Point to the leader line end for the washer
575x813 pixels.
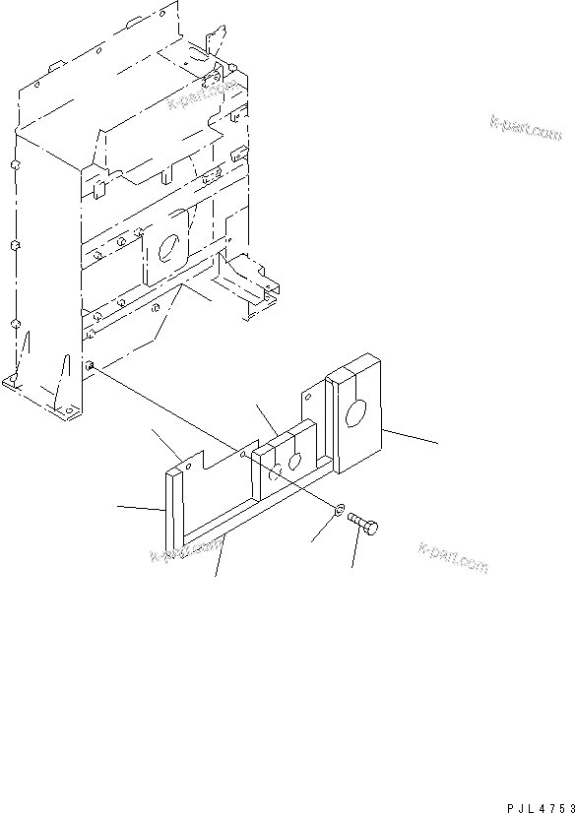311,542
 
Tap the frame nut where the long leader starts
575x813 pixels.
91,366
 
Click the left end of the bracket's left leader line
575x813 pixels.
117,508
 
